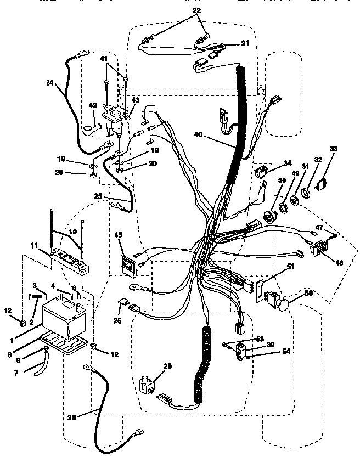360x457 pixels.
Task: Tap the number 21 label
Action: coord(245,42)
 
